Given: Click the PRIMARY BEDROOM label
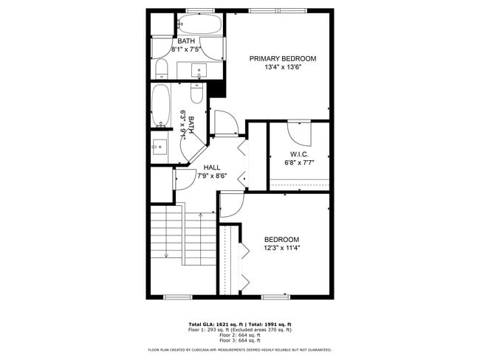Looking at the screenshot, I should [x=282, y=58].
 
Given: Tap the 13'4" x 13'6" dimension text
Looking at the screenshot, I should [x=282, y=67].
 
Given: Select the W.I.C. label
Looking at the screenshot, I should [x=298, y=154].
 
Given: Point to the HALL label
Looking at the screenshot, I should [x=212, y=167].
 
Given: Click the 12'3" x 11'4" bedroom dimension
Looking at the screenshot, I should [x=282, y=248].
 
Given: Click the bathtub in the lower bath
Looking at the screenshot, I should [x=160, y=105].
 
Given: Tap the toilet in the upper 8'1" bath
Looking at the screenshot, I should [x=162, y=69].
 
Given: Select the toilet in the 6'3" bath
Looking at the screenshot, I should [x=196, y=92].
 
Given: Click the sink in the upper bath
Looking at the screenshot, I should [x=199, y=71].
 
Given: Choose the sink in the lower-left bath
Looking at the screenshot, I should [x=160, y=145].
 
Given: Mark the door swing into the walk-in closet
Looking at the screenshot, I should [x=298, y=130].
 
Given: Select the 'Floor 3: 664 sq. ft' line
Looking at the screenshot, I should [x=240, y=340].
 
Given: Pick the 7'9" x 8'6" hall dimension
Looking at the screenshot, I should [x=212, y=176].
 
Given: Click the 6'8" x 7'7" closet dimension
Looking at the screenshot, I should [x=299, y=162].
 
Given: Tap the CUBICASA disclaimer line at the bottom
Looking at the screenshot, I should [x=240, y=350].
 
